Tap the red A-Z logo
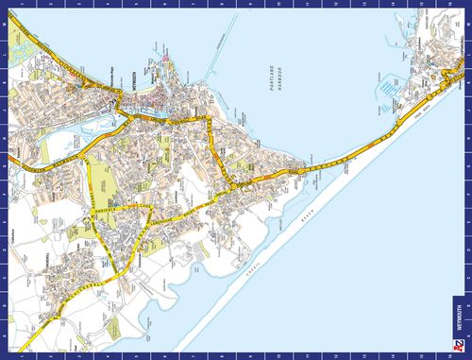point(460,347)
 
